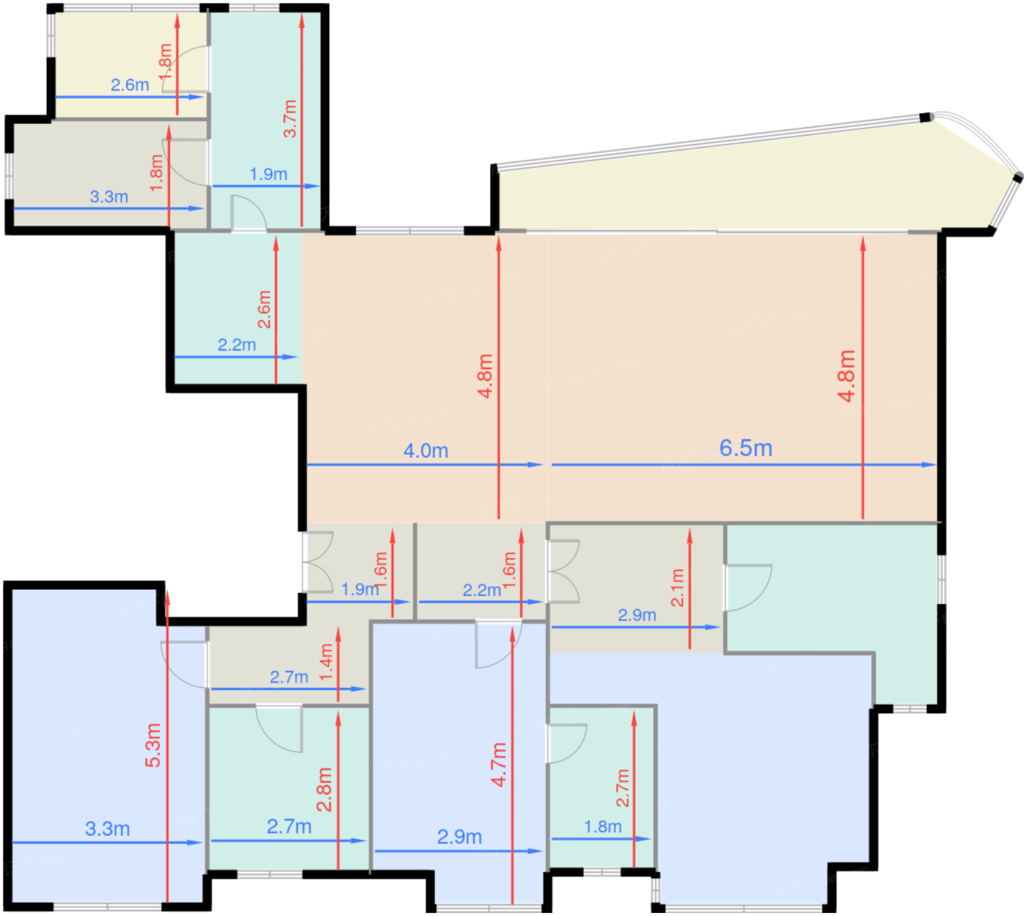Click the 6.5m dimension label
pos(745,448)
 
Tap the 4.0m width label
pos(425,451)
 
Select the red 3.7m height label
pos(290,119)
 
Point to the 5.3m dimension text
pos(153,745)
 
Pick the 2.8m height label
pos(324,790)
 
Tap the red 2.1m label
pos(677,588)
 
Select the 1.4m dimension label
pos(326,662)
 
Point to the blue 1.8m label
pos(603,827)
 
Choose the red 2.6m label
pos(264,310)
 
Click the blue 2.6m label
pos(130,85)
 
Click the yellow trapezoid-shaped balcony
pos(735,188)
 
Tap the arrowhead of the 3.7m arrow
pos(301,19)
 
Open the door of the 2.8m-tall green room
pos(279,728)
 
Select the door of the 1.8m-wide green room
pos(566,744)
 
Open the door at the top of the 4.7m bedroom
pos(498,644)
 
